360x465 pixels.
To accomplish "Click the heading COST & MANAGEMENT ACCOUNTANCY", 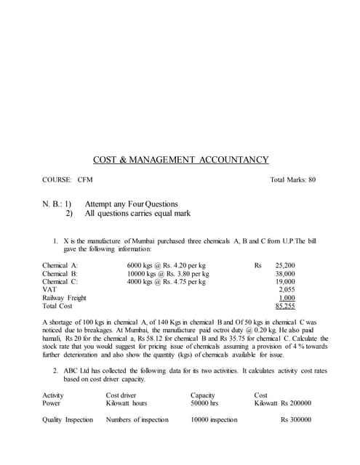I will pos(180,160).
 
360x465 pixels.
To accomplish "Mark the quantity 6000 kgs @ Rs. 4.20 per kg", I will pos(167,266).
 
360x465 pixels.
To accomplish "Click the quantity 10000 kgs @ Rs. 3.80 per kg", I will pos(168,274).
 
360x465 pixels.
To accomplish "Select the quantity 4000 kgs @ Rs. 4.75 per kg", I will pos(167,282).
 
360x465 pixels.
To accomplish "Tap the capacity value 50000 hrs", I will pos(205,403).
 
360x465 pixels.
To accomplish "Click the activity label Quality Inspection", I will pos(68,420).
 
